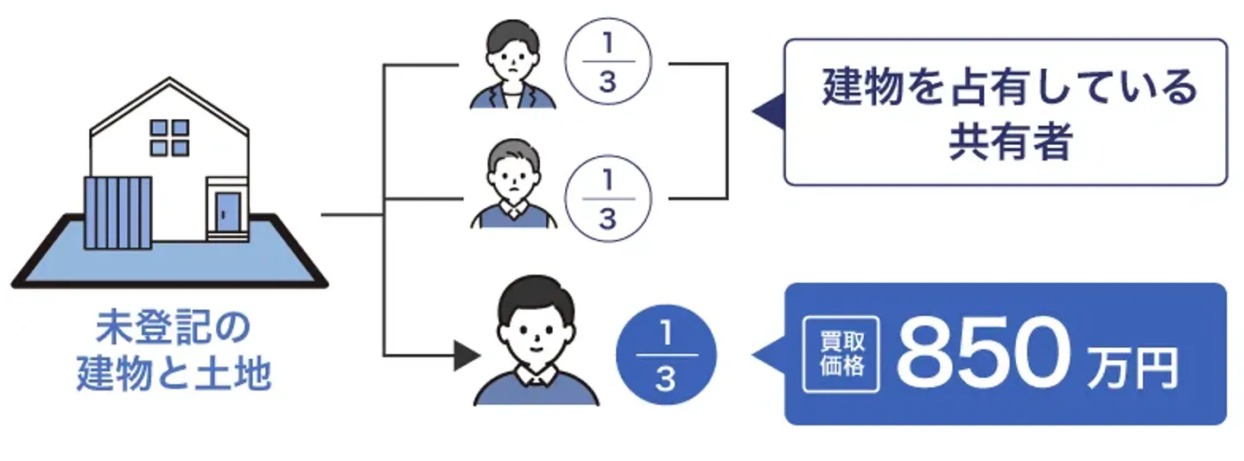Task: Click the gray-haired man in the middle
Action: pos(514,186)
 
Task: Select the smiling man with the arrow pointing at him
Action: pos(536,342)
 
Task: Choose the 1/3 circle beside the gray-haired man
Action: pos(606,198)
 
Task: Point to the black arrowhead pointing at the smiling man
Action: pos(466,355)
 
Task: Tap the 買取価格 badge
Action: pos(841,355)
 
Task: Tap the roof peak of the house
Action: pos(169,82)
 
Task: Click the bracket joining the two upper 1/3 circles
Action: pos(725,130)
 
